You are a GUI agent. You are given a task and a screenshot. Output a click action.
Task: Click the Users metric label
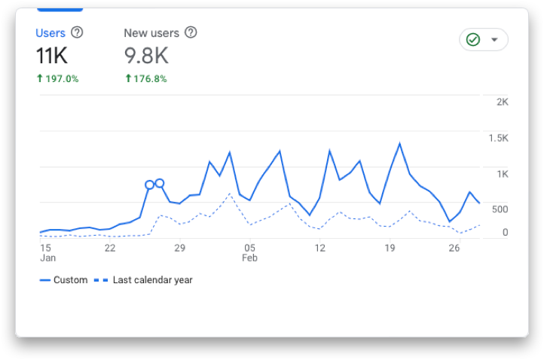50,33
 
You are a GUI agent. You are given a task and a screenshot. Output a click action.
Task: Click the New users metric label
151,33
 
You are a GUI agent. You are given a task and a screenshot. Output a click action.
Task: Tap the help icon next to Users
77,32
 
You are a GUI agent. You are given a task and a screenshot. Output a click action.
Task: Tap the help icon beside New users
191,32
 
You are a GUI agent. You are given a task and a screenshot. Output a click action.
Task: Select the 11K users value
52,56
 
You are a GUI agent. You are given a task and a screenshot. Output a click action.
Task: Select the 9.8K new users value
145,56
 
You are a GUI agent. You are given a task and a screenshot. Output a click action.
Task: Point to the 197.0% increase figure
57,78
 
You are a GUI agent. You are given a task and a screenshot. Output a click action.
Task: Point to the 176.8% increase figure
146,78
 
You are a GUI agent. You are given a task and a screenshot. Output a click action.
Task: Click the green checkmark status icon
473,40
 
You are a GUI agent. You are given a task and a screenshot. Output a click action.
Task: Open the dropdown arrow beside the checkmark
494,40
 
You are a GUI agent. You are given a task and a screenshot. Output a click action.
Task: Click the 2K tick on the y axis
502,102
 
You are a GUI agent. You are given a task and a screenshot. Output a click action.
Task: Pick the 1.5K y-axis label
498,138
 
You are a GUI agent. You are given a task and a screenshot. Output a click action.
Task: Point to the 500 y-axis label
500,209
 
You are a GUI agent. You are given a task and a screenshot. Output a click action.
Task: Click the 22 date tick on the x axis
110,248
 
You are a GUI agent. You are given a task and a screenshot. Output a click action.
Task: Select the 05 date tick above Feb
249,248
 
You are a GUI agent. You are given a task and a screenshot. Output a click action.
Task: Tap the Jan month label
47,258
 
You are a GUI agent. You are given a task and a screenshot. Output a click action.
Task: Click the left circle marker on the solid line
149,185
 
